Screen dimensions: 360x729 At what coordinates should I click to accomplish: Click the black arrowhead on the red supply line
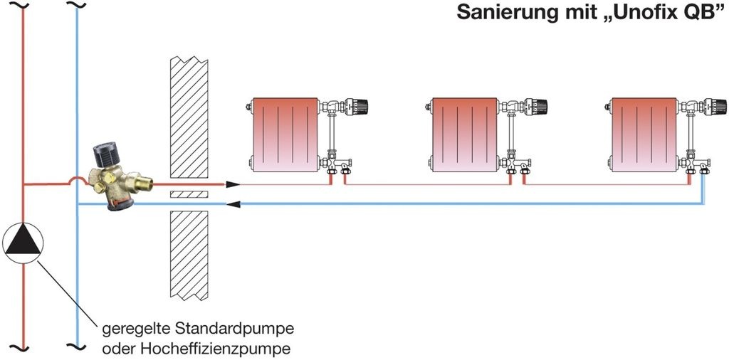[x=234, y=184]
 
